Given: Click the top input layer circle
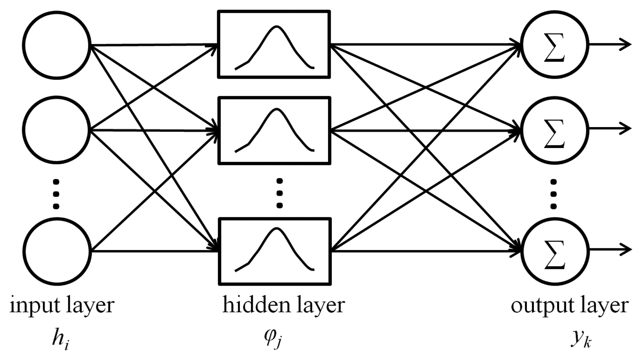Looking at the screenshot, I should click(x=57, y=45).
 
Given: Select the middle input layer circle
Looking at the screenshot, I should click(x=57, y=130).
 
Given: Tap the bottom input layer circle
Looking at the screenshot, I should click(x=57, y=251).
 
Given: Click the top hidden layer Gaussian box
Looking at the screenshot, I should click(x=274, y=45).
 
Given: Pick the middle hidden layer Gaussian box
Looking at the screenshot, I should click(x=274, y=131).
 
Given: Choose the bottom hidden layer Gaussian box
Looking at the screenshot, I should click(x=274, y=251).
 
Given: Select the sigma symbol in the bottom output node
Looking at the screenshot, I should click(x=554, y=254).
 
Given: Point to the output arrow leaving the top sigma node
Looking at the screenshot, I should click(x=611, y=45).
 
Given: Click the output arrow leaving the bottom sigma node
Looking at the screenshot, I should click(x=611, y=249).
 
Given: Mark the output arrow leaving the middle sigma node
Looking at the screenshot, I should click(x=611, y=128).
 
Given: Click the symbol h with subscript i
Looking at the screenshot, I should click(x=60, y=339).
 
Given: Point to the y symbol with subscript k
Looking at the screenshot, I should click(x=581, y=339).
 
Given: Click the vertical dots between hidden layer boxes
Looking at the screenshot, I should click(x=280, y=193).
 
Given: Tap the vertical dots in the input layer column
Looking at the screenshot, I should click(x=56, y=194).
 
